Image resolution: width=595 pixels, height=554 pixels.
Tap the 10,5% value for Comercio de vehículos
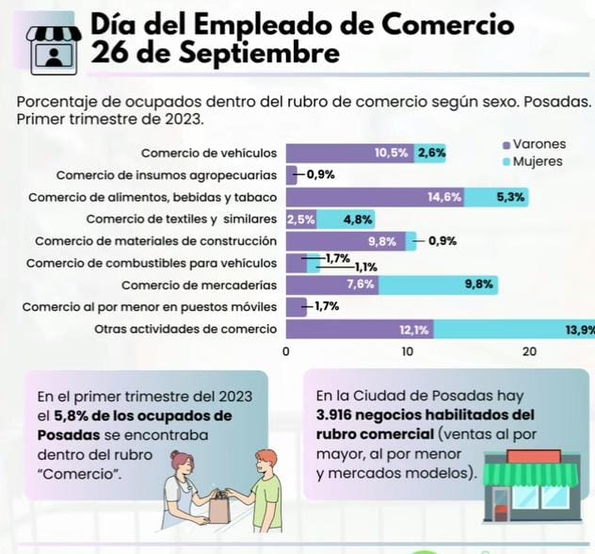(x=391, y=153)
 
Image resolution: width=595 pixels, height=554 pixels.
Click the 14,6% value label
(x=444, y=197)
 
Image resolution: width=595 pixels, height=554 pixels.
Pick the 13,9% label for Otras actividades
(x=579, y=330)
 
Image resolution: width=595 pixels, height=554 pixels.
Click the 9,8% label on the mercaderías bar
(x=479, y=285)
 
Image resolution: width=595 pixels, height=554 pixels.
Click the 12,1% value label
(x=414, y=330)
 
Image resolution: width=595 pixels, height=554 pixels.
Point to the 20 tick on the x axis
(x=529, y=351)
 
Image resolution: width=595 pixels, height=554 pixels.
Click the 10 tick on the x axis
(x=408, y=351)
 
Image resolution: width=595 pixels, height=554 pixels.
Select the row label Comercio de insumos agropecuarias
(x=167, y=175)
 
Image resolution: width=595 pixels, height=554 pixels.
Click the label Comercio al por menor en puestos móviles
(x=150, y=307)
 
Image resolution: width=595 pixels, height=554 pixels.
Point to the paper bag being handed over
(x=219, y=508)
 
